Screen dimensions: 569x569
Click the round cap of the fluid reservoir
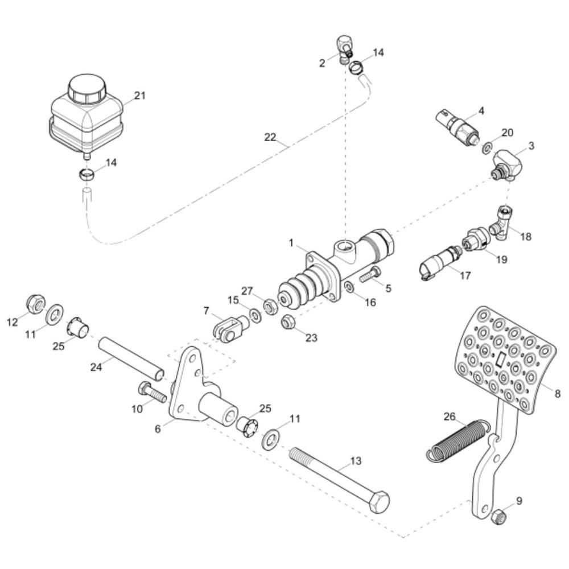click(x=86, y=89)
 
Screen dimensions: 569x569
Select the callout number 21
click(x=140, y=96)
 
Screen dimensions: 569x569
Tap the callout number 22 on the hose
click(x=270, y=138)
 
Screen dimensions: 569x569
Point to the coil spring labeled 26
click(x=458, y=440)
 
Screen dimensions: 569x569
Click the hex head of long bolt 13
click(x=378, y=502)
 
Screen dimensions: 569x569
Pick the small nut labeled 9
click(x=497, y=516)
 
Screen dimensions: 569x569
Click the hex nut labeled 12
click(x=36, y=304)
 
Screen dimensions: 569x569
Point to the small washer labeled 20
click(x=487, y=148)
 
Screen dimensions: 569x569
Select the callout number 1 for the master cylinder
click(x=291, y=243)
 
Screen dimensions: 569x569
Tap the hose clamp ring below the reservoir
click(x=87, y=175)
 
